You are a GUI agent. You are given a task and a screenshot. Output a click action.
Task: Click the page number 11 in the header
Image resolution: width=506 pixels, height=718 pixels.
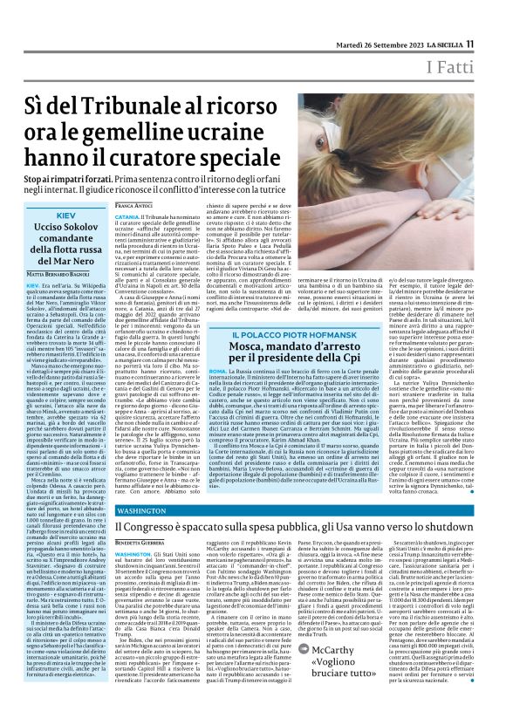point(468,44)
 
